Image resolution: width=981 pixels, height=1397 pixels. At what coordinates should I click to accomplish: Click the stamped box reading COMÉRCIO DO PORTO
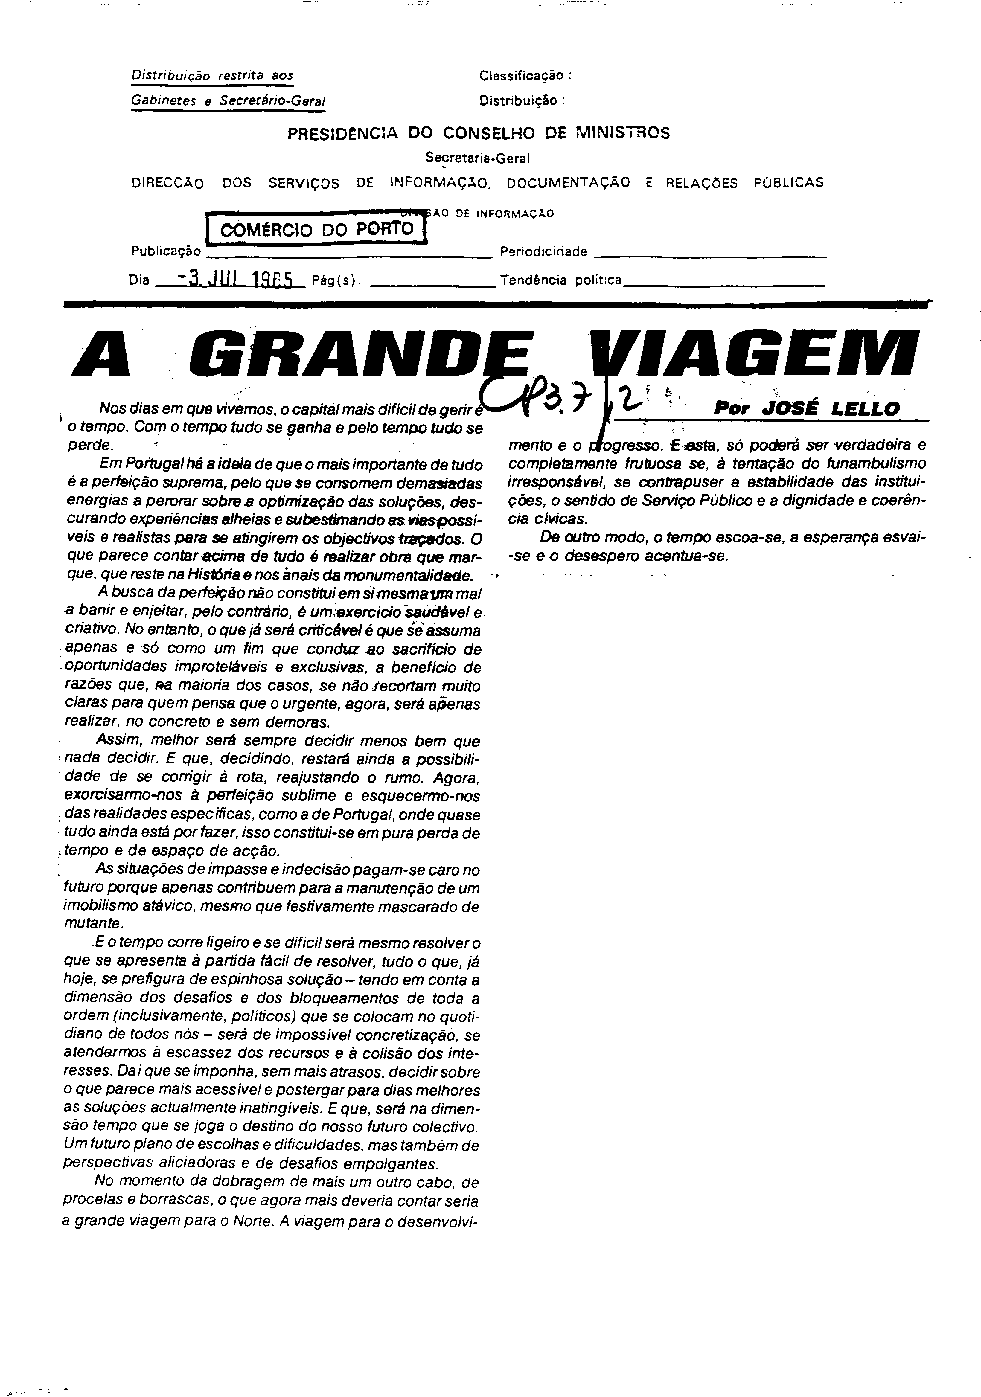[316, 229]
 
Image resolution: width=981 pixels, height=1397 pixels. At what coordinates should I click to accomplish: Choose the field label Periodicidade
[543, 252]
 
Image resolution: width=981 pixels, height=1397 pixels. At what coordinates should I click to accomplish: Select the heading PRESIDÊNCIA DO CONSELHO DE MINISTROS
[478, 133]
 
